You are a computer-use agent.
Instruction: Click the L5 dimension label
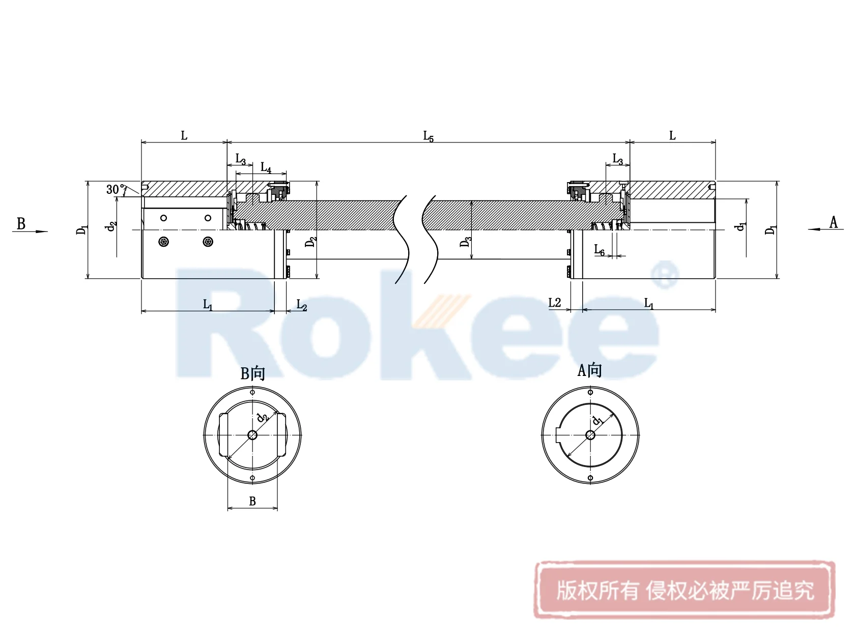[429, 136]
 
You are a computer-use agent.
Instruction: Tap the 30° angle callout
[116, 190]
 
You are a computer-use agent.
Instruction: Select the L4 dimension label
[266, 167]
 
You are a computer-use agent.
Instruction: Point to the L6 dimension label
[600, 250]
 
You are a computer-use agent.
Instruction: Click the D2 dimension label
[310, 241]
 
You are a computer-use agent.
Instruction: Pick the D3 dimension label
[465, 242]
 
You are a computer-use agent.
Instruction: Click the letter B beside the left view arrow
[21, 224]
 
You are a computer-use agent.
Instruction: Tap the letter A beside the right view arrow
[833, 222]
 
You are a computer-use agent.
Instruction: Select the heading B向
[253, 373]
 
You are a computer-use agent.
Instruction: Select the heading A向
[590, 370]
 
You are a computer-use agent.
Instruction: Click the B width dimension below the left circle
[252, 502]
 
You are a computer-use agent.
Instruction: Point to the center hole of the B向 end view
[252, 435]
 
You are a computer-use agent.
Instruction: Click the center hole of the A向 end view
[590, 435]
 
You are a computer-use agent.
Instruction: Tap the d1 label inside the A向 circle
[597, 420]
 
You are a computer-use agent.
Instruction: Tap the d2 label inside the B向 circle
[262, 417]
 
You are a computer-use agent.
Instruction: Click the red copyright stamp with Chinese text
[685, 590]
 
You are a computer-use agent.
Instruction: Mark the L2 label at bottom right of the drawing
[554, 303]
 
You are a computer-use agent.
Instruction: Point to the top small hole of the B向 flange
[252, 392]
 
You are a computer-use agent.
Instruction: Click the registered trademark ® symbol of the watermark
[665, 274]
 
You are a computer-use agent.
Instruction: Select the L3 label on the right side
[617, 159]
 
